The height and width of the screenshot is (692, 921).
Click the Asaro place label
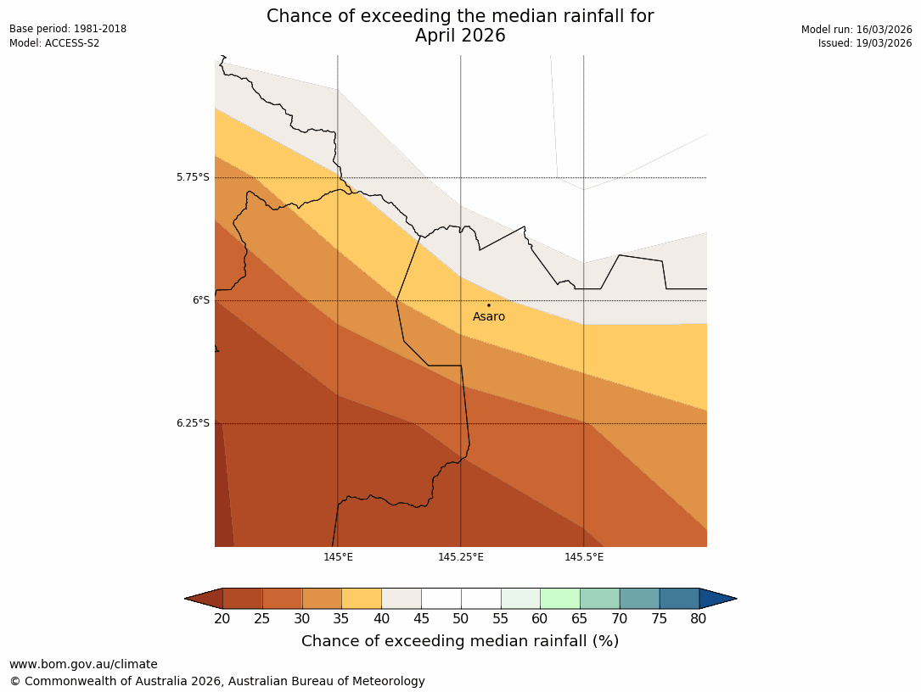[489, 317]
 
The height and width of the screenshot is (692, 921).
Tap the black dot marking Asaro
[488, 305]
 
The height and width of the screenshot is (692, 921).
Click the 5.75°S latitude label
[193, 177]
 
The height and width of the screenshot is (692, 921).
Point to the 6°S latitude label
[200, 300]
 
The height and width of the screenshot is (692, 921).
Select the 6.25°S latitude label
[193, 423]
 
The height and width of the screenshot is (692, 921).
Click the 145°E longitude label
[338, 557]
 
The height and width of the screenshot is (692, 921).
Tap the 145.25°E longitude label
[461, 557]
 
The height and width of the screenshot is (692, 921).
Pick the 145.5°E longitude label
[584, 557]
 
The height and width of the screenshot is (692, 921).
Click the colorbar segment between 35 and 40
[362, 599]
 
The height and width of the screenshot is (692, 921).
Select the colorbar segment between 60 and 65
[560, 599]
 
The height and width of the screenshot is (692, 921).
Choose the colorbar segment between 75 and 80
[679, 599]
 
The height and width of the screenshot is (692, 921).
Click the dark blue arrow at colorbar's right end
[717, 599]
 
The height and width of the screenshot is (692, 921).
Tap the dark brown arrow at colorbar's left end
[204, 599]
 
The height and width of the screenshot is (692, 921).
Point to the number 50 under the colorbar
[461, 619]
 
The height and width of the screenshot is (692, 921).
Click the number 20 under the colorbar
[222, 619]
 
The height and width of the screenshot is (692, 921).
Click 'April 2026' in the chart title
[460, 36]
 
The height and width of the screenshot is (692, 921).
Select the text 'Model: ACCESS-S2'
[54, 43]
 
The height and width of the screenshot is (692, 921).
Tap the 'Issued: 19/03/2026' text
[865, 43]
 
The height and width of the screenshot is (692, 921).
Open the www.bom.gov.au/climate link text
[83, 665]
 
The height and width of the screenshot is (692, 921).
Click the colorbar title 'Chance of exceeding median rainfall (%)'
[460, 641]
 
